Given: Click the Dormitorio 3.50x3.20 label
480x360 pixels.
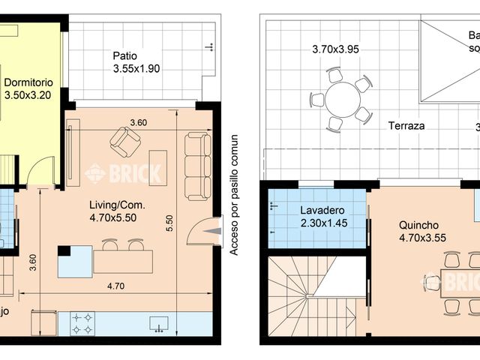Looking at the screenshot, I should pos(28,89).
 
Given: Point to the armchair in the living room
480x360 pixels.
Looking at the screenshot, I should pos(124,140).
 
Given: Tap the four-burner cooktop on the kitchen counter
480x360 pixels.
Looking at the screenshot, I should pos(82,324).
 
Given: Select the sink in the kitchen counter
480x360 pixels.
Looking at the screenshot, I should pos(158,323).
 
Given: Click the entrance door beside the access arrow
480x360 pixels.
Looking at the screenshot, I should pos(200,232).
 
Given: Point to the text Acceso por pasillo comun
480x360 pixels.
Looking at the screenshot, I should pos(234,195).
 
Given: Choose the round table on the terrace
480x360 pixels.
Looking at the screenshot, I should pos(341,98).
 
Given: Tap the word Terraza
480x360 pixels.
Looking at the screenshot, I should pos(406,126).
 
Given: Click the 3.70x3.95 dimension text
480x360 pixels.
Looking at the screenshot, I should pos(336,50).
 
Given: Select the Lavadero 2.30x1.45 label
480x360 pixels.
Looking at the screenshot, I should pos(317,216).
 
